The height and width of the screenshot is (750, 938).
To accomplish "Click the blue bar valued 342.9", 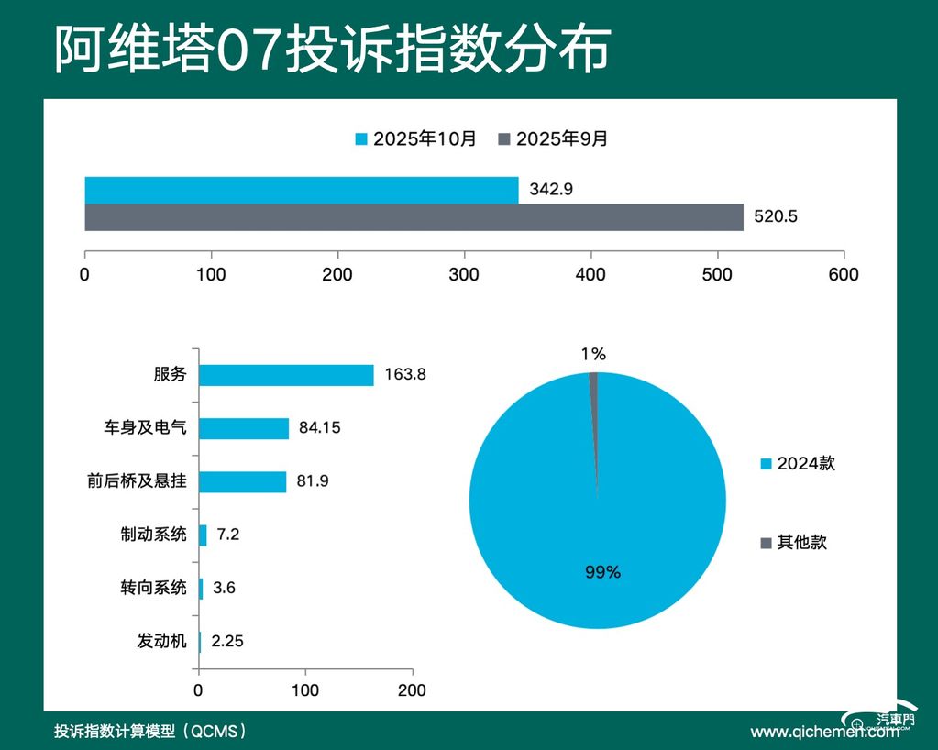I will tap(302, 190).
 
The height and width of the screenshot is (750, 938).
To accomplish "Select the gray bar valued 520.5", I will tap(414, 218).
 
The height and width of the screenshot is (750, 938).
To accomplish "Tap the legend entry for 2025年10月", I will tap(416, 139).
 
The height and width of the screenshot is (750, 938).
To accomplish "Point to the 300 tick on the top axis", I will tap(464, 274).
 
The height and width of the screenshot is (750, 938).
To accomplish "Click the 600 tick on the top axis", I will tap(843, 274).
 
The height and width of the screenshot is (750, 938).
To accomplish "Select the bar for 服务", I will tap(286, 375).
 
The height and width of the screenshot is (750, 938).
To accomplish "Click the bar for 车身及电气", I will tap(244, 428).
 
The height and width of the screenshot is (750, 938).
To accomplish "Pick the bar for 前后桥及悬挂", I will tap(242, 481).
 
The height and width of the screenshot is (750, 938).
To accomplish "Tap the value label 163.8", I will tap(405, 375).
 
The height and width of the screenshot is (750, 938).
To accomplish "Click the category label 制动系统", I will tap(153, 535).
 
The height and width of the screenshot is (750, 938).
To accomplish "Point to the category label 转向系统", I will tap(153, 588).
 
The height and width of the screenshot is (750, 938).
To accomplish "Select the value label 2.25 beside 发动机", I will tap(227, 641).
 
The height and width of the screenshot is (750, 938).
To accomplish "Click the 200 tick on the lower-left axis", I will tap(412, 690).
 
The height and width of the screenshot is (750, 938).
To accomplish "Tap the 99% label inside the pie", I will tap(602, 572).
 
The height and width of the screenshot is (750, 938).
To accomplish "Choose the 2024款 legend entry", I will tap(798, 464).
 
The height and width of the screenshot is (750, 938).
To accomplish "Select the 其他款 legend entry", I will tap(793, 542).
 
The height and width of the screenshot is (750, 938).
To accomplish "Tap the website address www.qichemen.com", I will tap(824, 732).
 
